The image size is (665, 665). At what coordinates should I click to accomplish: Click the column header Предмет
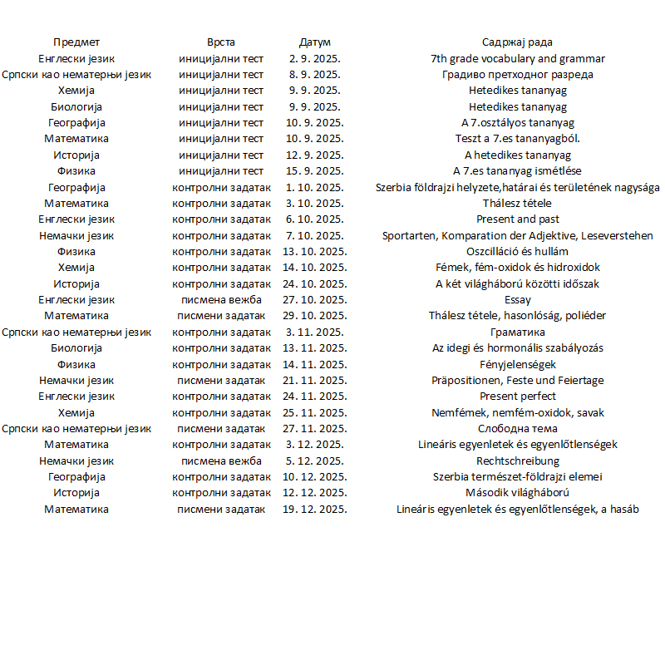point(76,42)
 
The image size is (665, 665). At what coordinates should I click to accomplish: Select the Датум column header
point(315,42)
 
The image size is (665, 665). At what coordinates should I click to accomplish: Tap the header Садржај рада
point(517,42)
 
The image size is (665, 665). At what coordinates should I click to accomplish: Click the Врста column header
point(221,42)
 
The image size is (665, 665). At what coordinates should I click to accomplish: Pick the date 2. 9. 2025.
point(315,59)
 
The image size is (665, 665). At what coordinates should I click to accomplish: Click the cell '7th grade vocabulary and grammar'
point(517,59)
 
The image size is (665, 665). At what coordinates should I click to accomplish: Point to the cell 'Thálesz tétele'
point(517,204)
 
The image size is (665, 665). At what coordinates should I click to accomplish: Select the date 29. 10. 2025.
point(315,316)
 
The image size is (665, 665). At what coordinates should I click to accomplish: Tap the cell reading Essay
point(517,300)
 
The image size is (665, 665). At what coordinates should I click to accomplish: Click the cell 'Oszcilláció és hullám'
point(517,252)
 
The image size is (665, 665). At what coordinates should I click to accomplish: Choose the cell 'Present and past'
point(517,219)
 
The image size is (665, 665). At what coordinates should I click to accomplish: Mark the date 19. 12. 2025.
point(315,510)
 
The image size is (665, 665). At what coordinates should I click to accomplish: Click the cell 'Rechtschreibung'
point(517,461)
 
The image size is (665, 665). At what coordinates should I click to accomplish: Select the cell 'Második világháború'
point(517,493)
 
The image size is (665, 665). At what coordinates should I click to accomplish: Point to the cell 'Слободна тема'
point(517,429)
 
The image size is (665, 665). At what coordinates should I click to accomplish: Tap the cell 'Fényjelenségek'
point(517,364)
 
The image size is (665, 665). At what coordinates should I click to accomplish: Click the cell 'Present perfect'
point(517,397)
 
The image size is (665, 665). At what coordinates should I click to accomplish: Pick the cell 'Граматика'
point(517,332)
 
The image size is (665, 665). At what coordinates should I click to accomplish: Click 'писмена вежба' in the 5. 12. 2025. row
point(221,461)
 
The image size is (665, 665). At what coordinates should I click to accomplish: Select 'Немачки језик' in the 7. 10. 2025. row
point(76,236)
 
